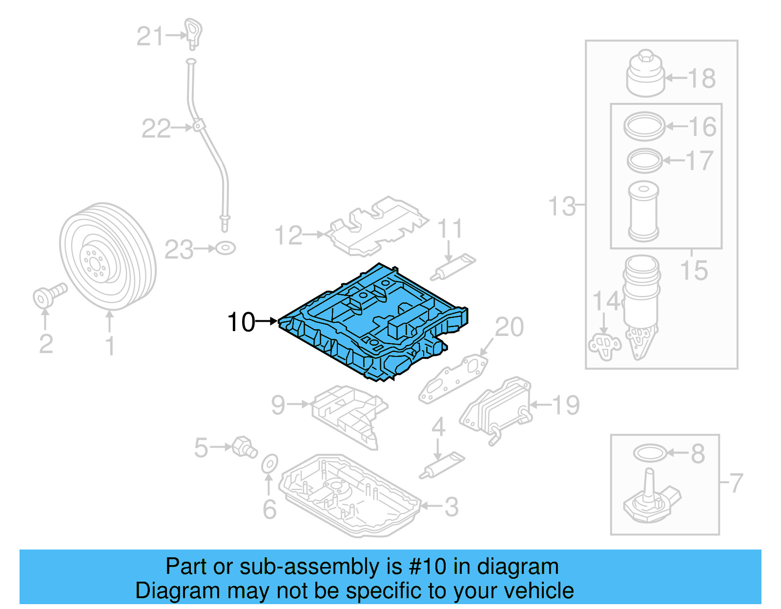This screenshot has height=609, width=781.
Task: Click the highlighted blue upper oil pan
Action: point(371,322)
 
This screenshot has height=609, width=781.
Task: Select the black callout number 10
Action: point(241,322)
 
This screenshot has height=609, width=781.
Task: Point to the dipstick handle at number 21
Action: point(193,33)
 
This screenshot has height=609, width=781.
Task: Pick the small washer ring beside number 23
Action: point(225,248)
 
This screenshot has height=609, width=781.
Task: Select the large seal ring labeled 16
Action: point(644,126)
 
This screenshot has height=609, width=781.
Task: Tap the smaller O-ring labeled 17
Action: point(644,160)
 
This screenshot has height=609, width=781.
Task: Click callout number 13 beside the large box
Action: point(562,206)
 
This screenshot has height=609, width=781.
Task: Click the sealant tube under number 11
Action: point(452,267)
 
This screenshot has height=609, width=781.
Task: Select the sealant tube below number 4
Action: point(442,465)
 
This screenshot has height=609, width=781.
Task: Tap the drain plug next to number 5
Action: point(245,447)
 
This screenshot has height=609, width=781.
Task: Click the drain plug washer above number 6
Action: point(269,464)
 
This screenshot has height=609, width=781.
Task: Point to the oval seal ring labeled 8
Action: point(650,453)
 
